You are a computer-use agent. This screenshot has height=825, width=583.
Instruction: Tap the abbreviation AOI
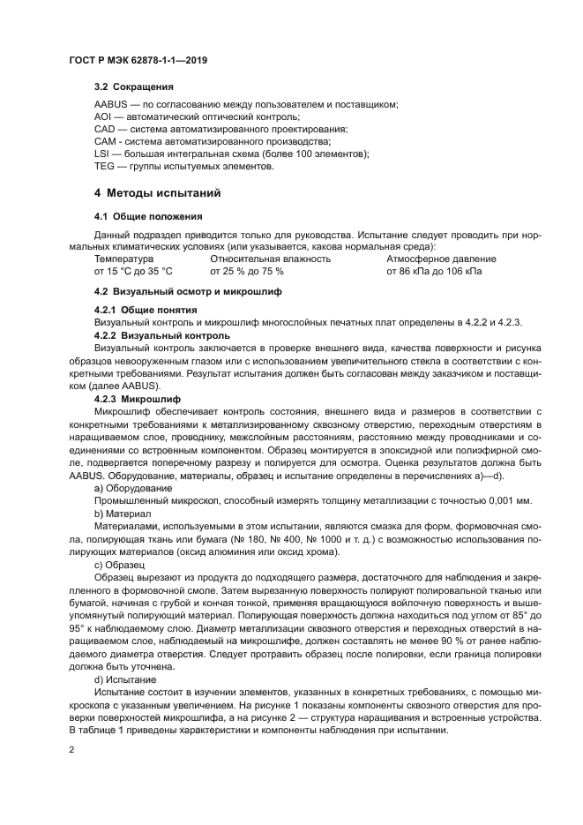point(102,117)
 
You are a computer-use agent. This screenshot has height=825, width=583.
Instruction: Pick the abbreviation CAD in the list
point(104,130)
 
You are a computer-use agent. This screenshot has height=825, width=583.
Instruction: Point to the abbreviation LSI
point(101,154)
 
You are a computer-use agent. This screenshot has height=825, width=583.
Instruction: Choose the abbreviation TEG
point(104,166)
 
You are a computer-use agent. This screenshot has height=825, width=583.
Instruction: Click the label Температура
point(123,259)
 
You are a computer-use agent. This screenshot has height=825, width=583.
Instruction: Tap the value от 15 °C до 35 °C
point(132,272)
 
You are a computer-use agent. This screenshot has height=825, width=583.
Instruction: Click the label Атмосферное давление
point(441,259)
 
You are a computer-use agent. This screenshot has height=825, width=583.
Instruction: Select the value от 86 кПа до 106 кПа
point(434,272)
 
